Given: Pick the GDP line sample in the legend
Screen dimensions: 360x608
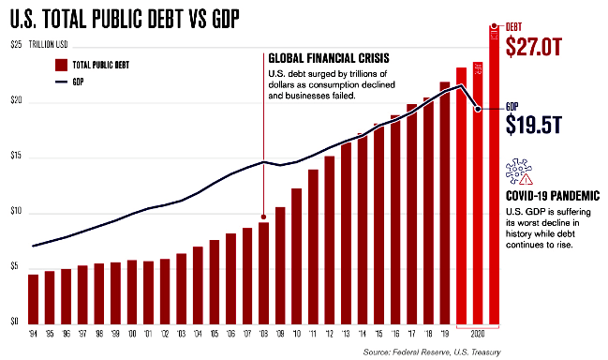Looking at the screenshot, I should tap(61, 82).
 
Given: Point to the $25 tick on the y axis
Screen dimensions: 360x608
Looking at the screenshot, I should tap(15, 45).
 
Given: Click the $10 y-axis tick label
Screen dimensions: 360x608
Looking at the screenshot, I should tap(15, 213).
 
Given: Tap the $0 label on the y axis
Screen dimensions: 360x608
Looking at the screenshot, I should tap(13, 322).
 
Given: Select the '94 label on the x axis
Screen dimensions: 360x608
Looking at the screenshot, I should tap(34, 334).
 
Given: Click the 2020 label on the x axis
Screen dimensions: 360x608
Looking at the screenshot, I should tap(478, 334).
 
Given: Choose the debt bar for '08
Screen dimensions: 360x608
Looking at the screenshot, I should tap(264, 272).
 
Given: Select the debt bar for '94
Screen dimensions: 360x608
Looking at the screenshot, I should tap(34, 300).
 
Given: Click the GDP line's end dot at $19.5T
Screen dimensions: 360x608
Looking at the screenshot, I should tap(478, 109).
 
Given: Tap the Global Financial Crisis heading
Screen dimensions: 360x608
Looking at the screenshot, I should tap(328, 58).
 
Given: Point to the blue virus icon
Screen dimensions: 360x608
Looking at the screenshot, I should tap(518, 172).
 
